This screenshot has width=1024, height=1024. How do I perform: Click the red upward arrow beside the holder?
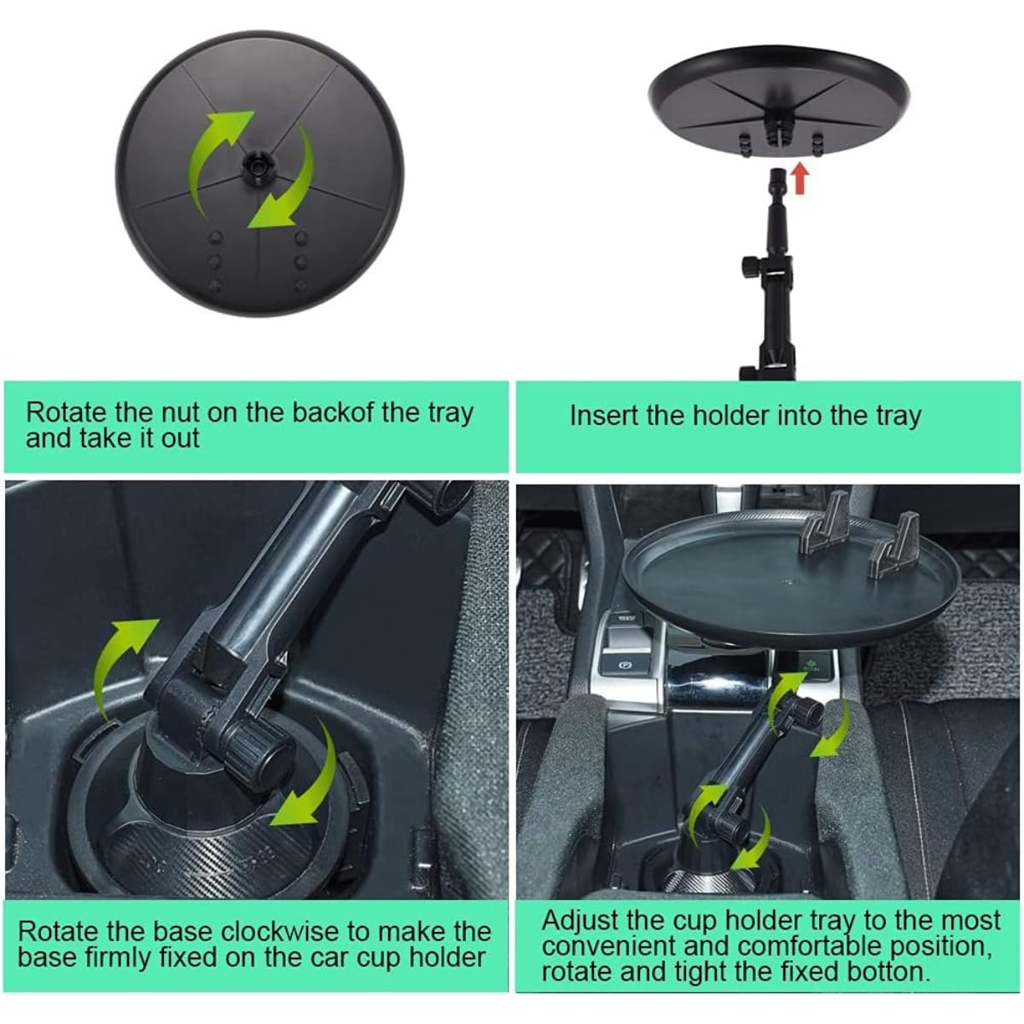coord(800,178)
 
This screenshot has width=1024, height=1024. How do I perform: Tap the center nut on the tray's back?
coord(257,166)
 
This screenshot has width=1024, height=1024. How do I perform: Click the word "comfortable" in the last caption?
coord(812,946)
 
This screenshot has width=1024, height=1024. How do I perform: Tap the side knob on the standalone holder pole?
coord(750,263)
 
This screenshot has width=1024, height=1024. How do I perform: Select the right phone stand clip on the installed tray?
coord(894,546)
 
